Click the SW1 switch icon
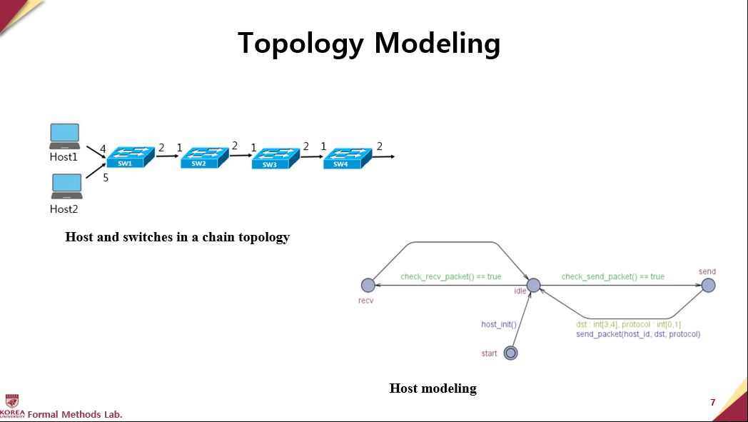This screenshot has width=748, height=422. (x=131, y=157)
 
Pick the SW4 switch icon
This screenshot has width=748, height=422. (x=346, y=158)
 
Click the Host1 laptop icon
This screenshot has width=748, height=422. (x=65, y=136)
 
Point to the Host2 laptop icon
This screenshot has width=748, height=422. (x=66, y=186)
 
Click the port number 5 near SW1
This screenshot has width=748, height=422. (x=106, y=179)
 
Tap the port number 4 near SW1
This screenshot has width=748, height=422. (x=103, y=149)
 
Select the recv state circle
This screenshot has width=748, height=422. (x=368, y=286)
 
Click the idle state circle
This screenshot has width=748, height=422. (x=533, y=286)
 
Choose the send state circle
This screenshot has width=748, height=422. (x=707, y=286)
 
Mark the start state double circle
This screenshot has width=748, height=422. (x=510, y=353)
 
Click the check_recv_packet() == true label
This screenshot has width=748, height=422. (x=450, y=276)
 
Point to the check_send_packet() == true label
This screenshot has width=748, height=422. (x=612, y=276)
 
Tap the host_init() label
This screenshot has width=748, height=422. (x=499, y=324)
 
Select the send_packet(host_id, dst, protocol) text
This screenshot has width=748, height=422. (x=638, y=334)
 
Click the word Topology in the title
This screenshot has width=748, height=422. (x=300, y=44)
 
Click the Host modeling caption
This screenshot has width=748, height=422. (x=433, y=388)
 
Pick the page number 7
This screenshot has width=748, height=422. (x=712, y=403)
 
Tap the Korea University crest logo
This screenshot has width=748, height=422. (x=12, y=401)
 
